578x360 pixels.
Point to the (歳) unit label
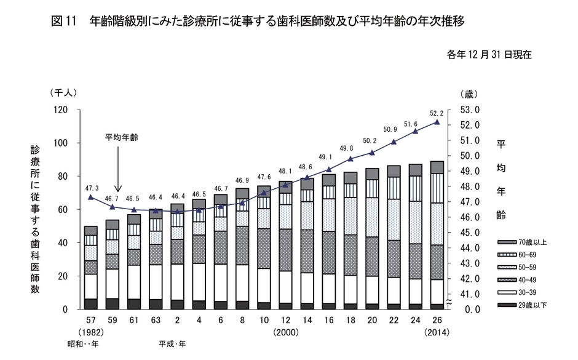(x=468, y=94)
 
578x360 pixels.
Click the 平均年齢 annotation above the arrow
(x=121, y=137)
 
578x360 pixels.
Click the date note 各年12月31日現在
(x=489, y=55)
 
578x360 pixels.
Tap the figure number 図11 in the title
(x=64, y=22)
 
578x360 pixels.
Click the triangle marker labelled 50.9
(x=394, y=142)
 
